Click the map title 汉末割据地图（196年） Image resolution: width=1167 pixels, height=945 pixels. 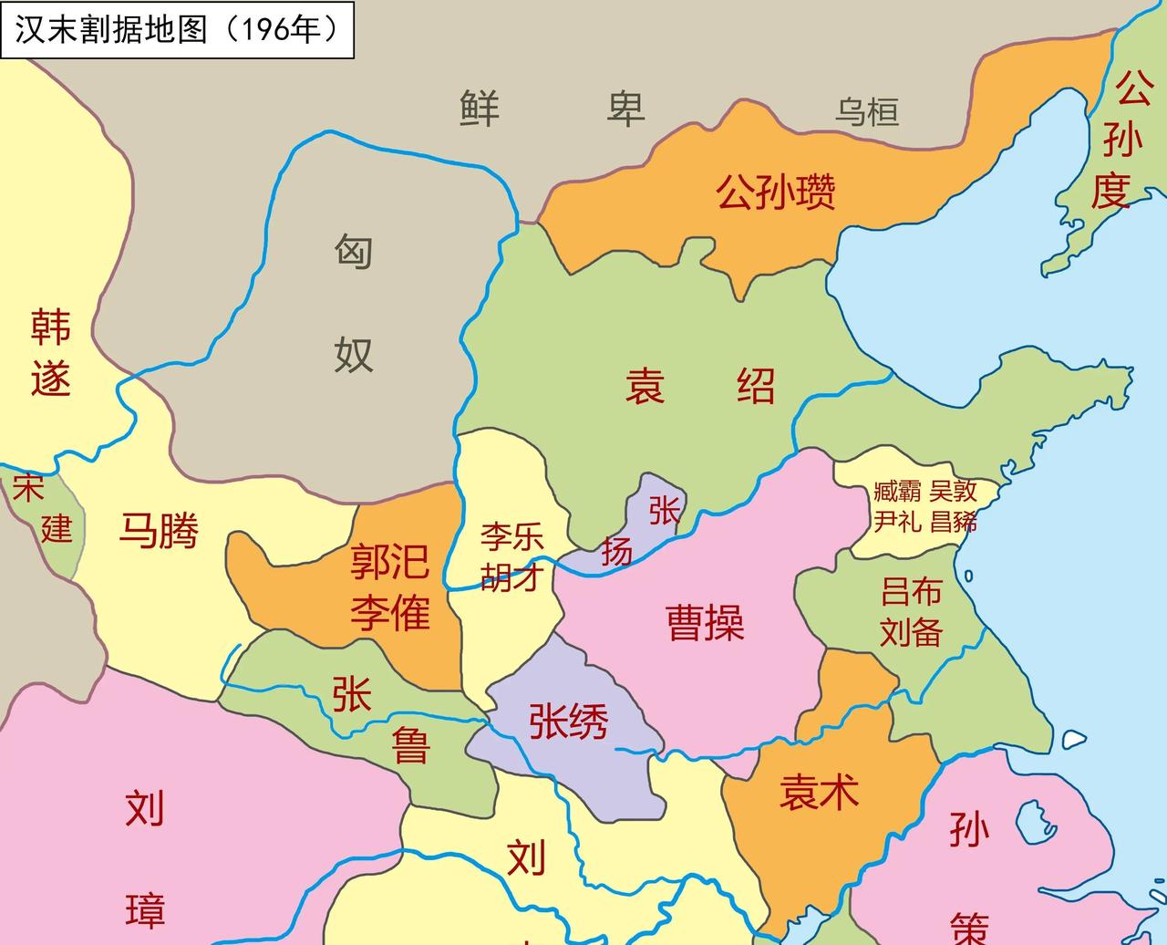click(176, 29)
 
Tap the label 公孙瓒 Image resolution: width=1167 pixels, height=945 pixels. click(775, 192)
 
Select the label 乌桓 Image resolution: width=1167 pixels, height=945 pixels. click(867, 112)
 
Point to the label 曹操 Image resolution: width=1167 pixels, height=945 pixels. click(706, 623)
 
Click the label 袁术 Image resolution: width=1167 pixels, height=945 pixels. click(819, 792)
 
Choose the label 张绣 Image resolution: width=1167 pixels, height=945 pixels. click(568, 722)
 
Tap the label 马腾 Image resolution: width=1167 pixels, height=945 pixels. click(159, 530)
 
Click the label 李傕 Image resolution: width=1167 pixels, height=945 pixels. click(389, 612)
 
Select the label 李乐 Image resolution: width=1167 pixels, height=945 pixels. click(512, 536)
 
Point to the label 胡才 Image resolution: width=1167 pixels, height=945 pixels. click(512, 576)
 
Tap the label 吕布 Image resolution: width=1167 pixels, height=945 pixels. click(911, 592)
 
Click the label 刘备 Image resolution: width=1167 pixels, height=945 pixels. click(911, 632)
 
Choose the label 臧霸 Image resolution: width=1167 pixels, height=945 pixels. click(897, 492)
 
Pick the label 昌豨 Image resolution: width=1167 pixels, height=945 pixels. click(954, 522)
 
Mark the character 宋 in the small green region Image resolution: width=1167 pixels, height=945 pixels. click(27, 489)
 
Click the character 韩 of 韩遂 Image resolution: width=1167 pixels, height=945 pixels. click(50, 327)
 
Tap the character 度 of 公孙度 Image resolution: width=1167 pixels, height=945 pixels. click(1111, 192)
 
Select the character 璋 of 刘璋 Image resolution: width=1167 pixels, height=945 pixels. click(145, 910)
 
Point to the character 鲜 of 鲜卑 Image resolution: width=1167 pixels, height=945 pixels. click(480, 109)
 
